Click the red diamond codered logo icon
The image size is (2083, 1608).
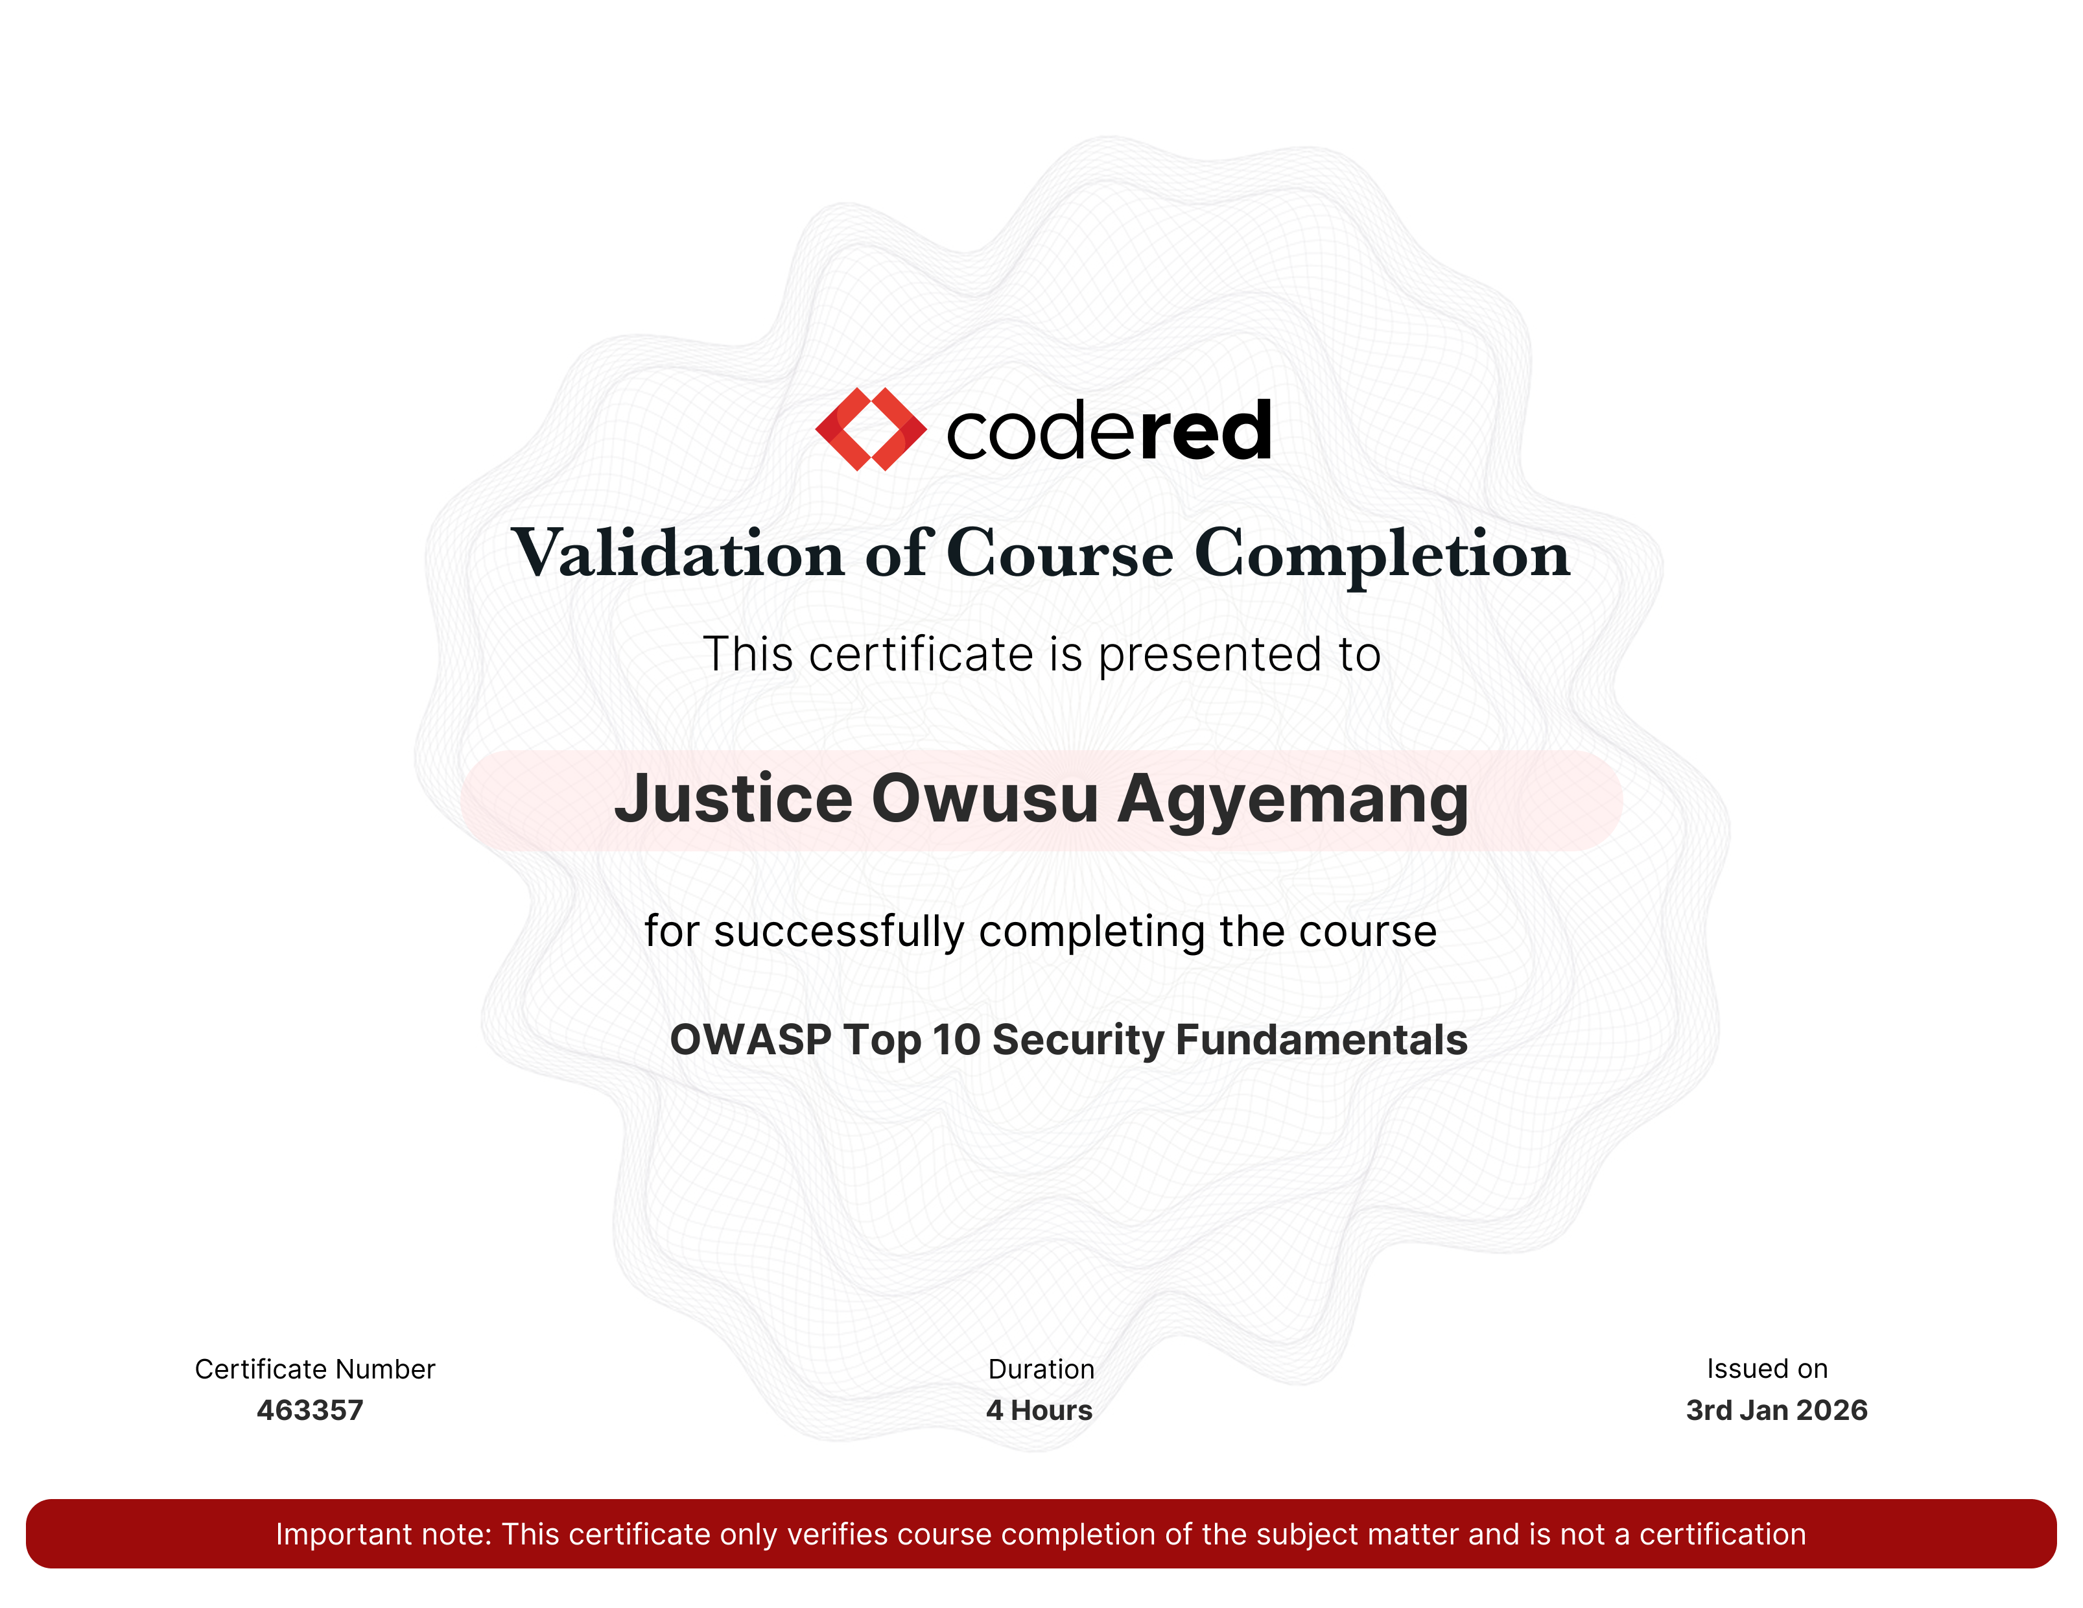(871, 429)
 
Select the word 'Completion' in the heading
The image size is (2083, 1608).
(1382, 554)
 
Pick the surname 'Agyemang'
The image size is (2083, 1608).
(1293, 801)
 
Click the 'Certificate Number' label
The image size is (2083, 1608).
(314, 1369)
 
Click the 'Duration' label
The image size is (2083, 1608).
(1041, 1369)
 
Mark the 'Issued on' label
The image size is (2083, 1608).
(1767, 1369)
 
